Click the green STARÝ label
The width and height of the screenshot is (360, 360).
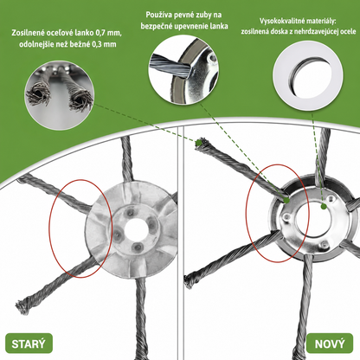coord(29,344)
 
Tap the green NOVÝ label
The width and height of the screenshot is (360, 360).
coord(330,344)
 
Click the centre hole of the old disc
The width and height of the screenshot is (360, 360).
coord(134,230)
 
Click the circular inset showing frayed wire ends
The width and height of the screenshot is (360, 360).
coord(60,95)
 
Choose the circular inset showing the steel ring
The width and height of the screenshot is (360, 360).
coord(308,76)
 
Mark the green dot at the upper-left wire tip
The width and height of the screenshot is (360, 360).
coord(198,143)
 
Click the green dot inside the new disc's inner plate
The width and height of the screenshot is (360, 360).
coord(324,206)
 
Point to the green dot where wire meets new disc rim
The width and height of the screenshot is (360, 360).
coord(286,200)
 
